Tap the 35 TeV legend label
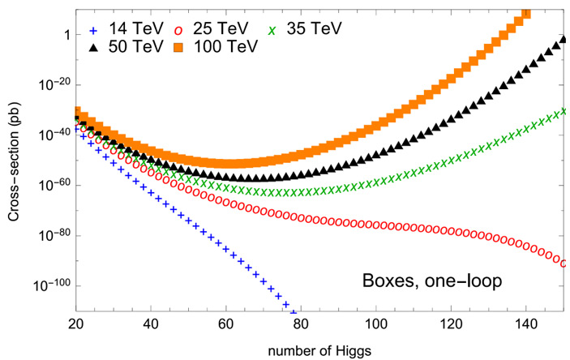coord(315,27)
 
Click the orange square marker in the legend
coord(178,46)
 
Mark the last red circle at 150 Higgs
coord(563,263)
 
